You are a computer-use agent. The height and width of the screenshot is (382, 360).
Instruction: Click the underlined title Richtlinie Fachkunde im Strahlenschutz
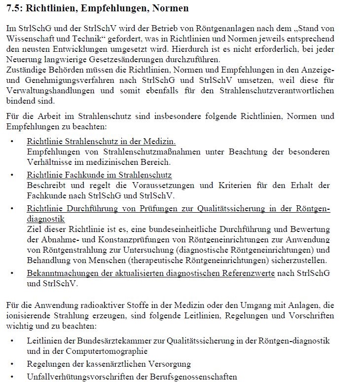click(x=99, y=175)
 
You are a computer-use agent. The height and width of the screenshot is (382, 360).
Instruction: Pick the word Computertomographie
click(x=105, y=351)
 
